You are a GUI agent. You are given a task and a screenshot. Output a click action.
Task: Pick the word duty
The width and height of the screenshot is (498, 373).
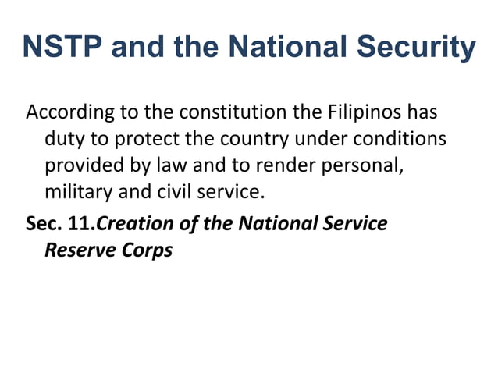pos(62,139)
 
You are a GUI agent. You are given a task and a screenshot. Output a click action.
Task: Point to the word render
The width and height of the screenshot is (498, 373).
pos(292,166)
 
